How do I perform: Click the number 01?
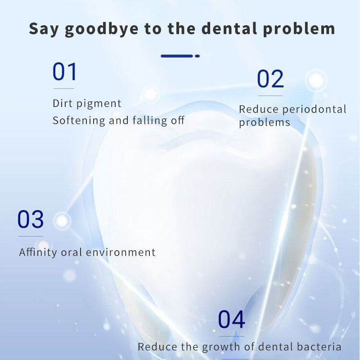tap(65, 72)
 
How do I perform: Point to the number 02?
tap(270, 79)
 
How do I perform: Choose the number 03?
tap(31, 220)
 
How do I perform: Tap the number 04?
tap(231, 320)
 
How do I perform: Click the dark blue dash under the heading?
tap(177, 56)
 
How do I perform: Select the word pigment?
tap(99, 103)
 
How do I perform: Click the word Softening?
tap(76, 121)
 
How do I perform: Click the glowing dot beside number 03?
tap(62, 220)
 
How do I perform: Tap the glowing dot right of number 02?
tap(317, 81)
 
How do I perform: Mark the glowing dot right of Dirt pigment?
tap(150, 94)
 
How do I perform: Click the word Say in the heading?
tap(42, 29)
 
